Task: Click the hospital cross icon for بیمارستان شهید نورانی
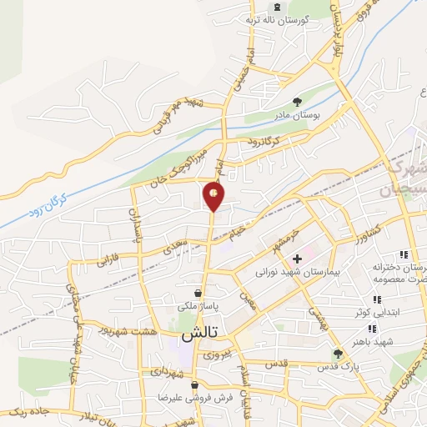pyautogui.click(x=297, y=259)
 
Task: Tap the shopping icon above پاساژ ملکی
pyautogui.click(x=197, y=294)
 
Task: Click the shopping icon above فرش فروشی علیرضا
pyautogui.click(x=195, y=385)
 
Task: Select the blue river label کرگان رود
pyautogui.click(x=53, y=196)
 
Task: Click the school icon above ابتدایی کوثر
pyautogui.click(x=377, y=299)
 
